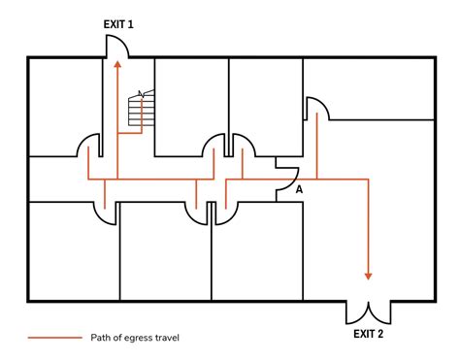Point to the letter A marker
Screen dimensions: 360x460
point(299,189)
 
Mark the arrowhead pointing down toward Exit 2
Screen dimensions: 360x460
point(368,275)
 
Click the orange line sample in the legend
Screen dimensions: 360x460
point(54,338)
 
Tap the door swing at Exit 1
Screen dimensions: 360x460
point(116,45)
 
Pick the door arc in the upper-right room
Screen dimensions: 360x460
point(317,108)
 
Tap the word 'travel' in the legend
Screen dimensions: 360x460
point(164,338)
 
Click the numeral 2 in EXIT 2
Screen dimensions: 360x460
point(380,334)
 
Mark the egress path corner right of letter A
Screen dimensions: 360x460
point(368,180)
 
